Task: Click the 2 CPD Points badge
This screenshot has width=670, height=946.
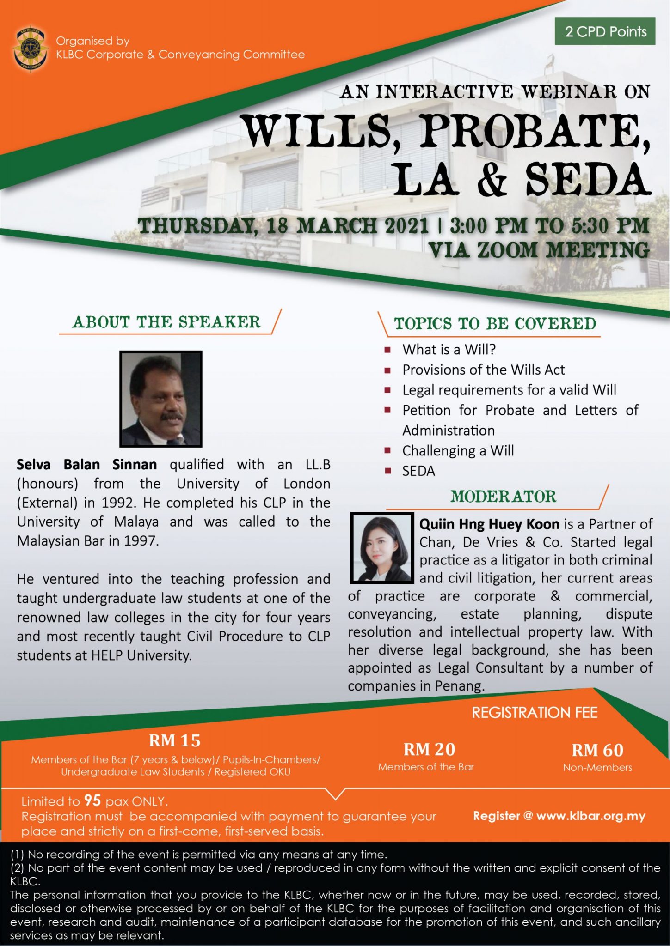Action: (x=605, y=31)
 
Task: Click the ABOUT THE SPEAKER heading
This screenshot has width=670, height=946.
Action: (x=166, y=322)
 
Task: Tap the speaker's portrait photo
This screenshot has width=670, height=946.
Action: (x=160, y=399)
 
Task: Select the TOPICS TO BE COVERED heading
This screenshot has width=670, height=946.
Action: (x=495, y=324)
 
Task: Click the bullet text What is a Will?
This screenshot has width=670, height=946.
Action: (x=449, y=350)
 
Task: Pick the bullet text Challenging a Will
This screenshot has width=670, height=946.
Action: (x=458, y=450)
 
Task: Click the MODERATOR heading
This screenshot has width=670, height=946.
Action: (x=503, y=497)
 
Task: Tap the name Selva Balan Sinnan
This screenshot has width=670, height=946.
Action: (x=87, y=464)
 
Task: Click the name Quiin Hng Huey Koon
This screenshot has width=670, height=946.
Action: (x=489, y=524)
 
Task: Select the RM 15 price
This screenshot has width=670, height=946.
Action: (x=175, y=741)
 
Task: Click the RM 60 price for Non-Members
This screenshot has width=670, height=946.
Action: (x=597, y=750)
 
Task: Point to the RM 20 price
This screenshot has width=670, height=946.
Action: (x=429, y=749)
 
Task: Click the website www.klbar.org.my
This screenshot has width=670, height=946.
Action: (x=590, y=816)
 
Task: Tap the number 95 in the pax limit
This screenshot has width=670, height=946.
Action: (x=92, y=800)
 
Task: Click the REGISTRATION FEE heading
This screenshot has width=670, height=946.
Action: (x=535, y=713)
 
